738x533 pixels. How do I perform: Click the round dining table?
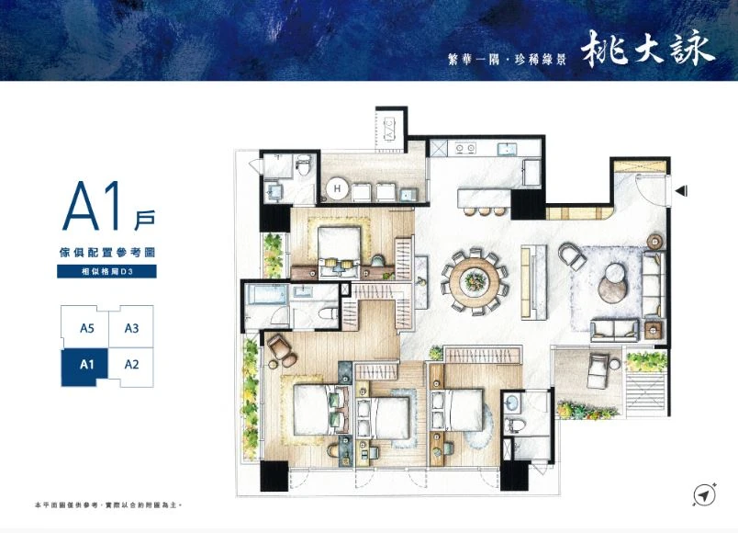[x=475, y=281]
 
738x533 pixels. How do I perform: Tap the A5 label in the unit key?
[x=87, y=328]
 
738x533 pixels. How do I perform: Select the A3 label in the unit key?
[x=131, y=328]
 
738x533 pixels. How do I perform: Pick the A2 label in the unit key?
[x=131, y=364]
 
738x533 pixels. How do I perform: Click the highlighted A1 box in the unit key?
[x=84, y=367]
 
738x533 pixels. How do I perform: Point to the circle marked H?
[x=337, y=189]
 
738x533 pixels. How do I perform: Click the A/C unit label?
[x=390, y=127]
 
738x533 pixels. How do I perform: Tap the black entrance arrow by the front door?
[x=681, y=191]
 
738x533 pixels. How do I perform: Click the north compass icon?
[x=705, y=494]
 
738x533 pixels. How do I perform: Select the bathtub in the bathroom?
[x=267, y=294]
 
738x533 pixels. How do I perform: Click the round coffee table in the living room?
[x=612, y=283]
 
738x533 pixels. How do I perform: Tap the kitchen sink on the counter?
[x=508, y=149]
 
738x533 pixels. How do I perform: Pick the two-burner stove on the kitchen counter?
[x=465, y=149]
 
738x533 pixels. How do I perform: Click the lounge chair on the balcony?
[x=599, y=370]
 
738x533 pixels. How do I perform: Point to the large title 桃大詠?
[x=648, y=49]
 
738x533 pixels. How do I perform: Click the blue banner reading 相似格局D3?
[x=106, y=271]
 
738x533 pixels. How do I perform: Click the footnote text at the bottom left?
[x=108, y=505]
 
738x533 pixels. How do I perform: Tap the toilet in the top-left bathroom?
[x=304, y=164]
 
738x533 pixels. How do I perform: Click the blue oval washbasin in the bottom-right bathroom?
[x=511, y=403]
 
